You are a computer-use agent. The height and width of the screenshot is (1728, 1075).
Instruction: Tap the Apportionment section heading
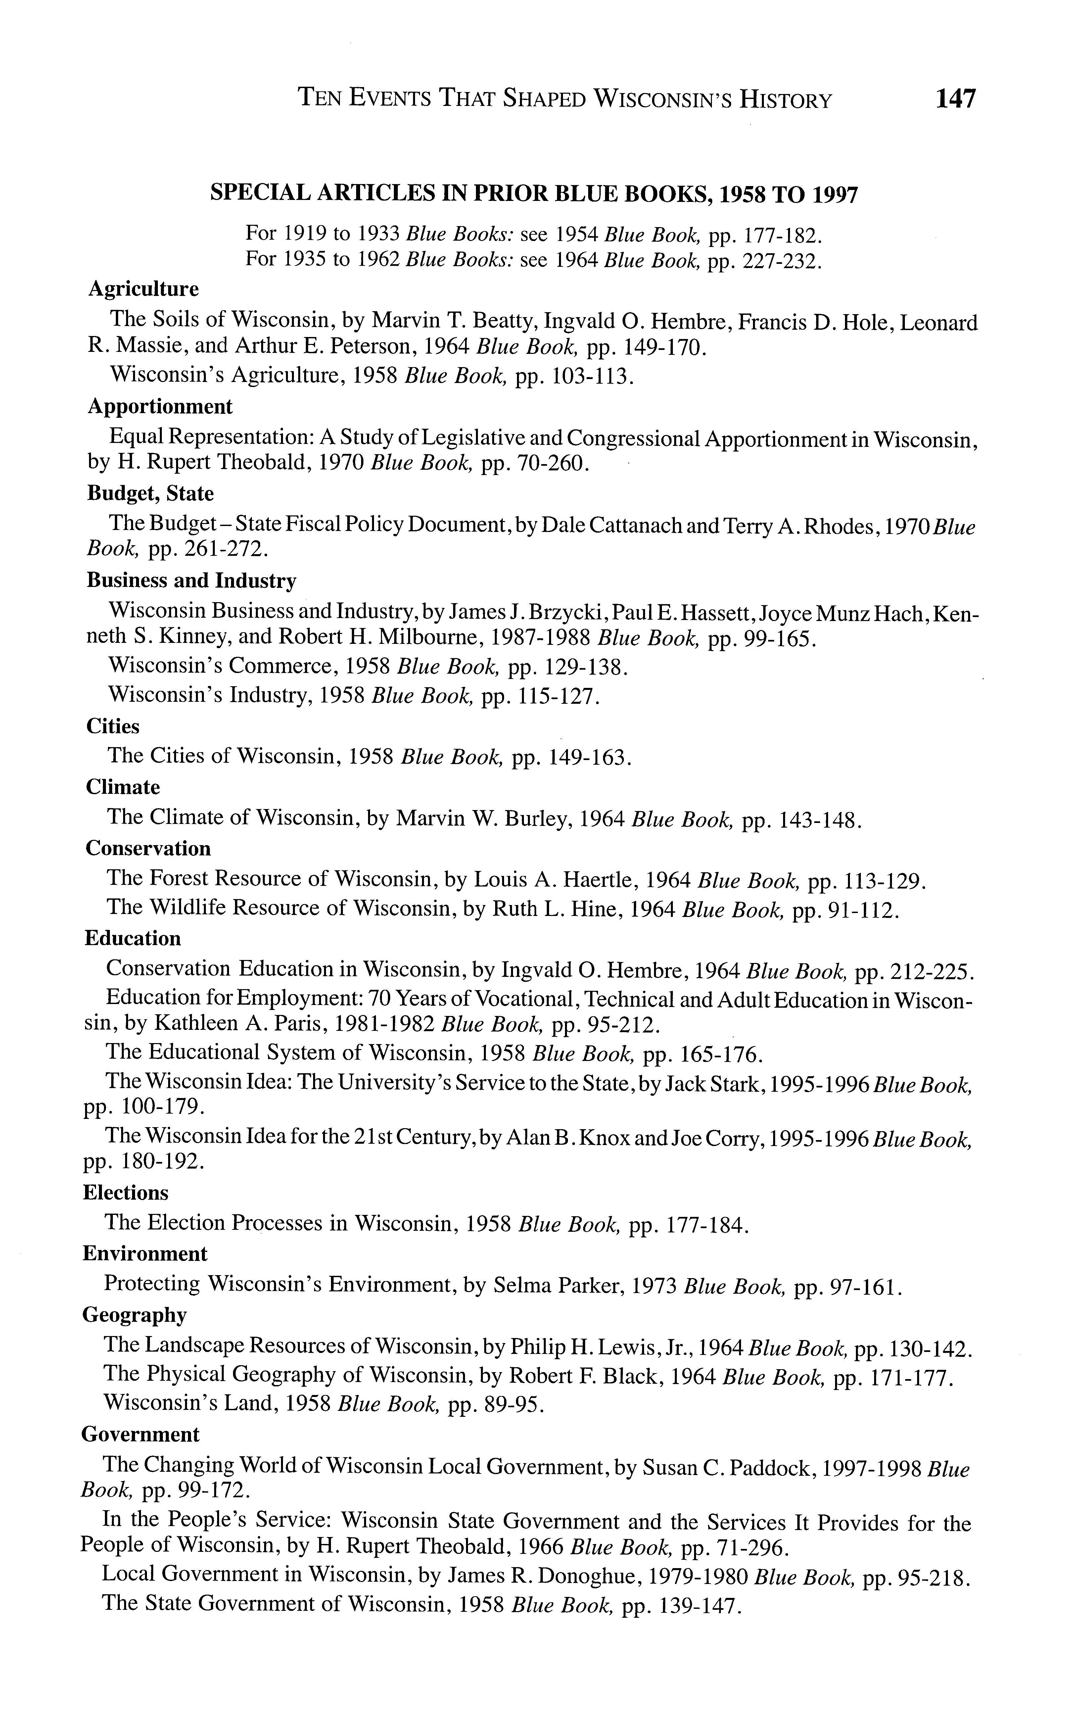pyautogui.click(x=160, y=407)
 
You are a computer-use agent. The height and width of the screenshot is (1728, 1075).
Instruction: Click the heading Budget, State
pyautogui.click(x=150, y=494)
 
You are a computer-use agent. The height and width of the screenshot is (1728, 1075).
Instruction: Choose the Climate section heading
pyautogui.click(x=123, y=787)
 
